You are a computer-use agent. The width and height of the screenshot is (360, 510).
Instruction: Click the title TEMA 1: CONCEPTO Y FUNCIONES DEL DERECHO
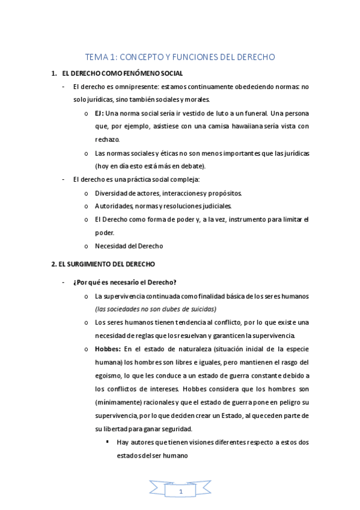point(180,57)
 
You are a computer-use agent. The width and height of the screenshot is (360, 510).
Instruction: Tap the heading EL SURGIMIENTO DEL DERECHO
point(103,264)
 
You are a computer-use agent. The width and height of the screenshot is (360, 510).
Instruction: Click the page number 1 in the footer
point(180,493)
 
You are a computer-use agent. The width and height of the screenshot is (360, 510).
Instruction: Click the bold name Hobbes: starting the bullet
point(108,349)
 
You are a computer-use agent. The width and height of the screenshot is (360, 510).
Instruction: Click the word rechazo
point(107,140)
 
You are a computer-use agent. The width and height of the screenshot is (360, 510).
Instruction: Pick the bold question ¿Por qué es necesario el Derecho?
point(124,283)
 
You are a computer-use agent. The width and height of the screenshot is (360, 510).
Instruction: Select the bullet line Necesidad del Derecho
point(129,245)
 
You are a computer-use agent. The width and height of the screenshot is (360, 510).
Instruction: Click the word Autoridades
point(115,206)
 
